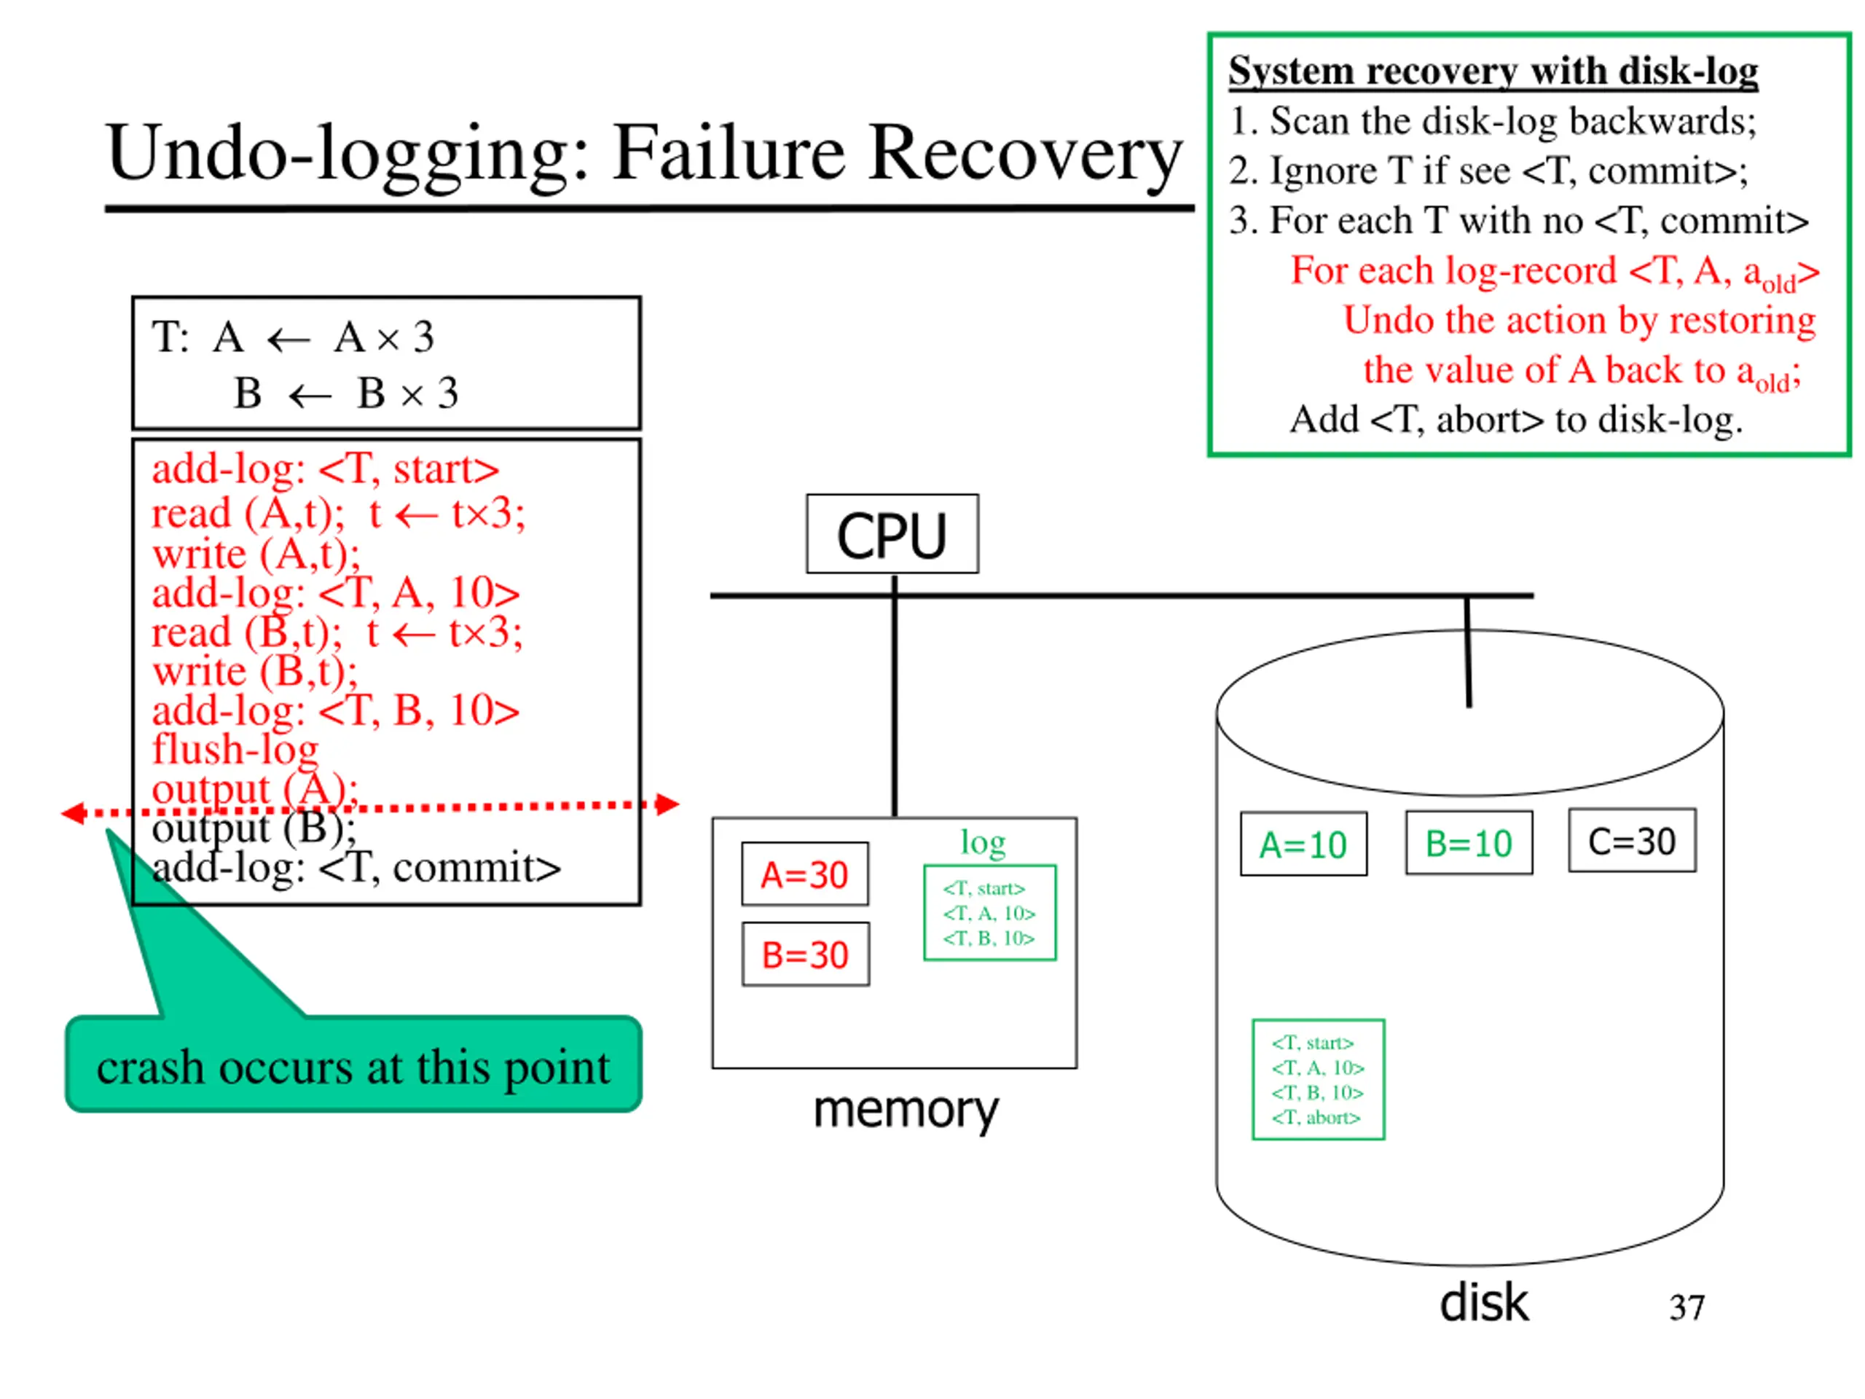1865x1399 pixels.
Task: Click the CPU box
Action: pos(892,534)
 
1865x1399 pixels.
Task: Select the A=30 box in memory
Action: pos(805,874)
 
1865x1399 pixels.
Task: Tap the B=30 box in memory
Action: pos(805,954)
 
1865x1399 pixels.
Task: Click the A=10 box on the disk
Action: pos(1303,844)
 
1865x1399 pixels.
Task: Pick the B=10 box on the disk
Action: pos(1469,842)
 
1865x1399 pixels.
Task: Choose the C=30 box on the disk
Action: pos(1633,841)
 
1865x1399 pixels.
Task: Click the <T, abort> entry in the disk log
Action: pos(1316,1117)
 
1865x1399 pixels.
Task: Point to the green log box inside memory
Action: pos(990,912)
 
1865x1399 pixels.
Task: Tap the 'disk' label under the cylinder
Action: pos(1484,1303)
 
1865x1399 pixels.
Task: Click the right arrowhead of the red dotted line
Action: pos(668,804)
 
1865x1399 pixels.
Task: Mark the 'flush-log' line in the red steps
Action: pos(235,749)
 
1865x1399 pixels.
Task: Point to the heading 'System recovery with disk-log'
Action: pos(1493,70)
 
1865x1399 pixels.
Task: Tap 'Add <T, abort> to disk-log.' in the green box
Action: pos(1516,419)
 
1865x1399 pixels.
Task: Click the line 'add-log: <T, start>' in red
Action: pos(326,469)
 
